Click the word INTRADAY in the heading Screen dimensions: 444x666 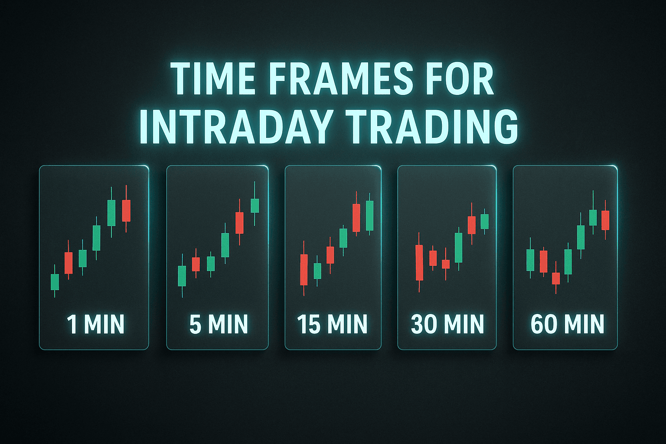point(236,127)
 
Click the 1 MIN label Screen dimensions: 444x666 point(96,324)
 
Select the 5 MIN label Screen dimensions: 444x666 point(219,324)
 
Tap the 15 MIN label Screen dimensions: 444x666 point(332,324)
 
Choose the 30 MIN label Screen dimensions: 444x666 point(447,324)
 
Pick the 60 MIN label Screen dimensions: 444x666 point(567,324)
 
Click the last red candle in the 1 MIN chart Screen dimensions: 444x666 point(126,211)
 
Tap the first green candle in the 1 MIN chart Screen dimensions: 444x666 point(55,282)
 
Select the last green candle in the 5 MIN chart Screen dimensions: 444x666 point(255,206)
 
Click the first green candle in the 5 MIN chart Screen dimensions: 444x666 point(182,276)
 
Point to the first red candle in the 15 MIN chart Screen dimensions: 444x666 point(304,270)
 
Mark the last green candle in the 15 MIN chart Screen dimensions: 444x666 point(369,215)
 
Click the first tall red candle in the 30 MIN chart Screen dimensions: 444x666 point(419,263)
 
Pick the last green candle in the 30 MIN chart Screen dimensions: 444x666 point(485,222)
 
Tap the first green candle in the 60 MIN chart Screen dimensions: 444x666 point(530,260)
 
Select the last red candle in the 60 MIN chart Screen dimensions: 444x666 point(605,220)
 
